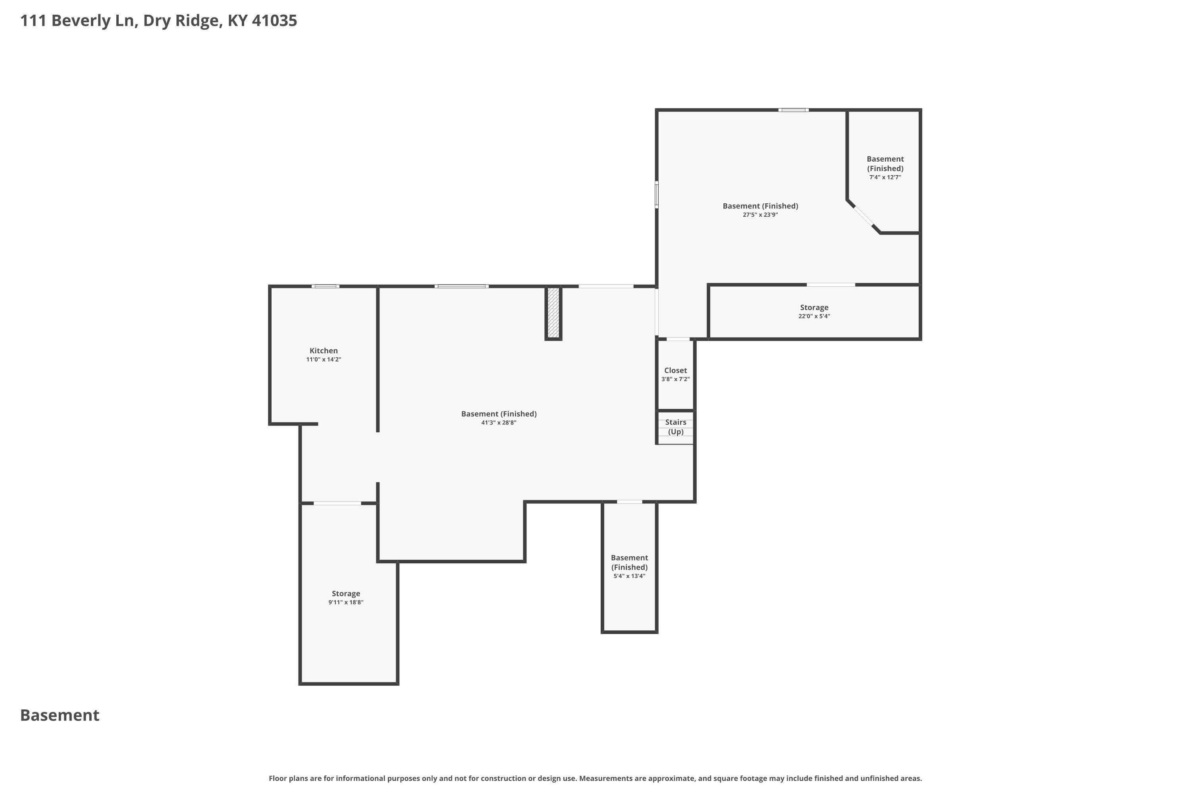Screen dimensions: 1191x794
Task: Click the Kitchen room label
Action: [x=324, y=351]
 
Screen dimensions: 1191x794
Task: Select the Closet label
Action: [x=676, y=370]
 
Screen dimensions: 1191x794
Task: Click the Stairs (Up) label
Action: [x=676, y=427]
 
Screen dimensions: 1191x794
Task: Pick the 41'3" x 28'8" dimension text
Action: [x=499, y=423]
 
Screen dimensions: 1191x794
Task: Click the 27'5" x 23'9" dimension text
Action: [x=760, y=215]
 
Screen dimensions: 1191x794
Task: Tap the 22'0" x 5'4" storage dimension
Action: [x=814, y=316]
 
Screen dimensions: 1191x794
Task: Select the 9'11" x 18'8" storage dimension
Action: [x=346, y=603]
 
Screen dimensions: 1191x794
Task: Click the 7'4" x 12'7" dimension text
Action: [x=885, y=177]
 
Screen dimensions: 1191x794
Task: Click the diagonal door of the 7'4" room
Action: [x=864, y=217]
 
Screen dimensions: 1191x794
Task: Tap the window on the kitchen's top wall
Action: [x=325, y=287]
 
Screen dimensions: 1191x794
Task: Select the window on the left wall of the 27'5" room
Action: [x=657, y=195]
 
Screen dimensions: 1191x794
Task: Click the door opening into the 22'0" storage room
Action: [x=831, y=285]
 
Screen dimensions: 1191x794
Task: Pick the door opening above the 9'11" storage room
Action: [x=337, y=503]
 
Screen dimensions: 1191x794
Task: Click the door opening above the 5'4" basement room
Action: [x=629, y=502]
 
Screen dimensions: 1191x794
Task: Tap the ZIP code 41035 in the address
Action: [x=274, y=21]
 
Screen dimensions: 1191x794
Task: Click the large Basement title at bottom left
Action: [x=60, y=715]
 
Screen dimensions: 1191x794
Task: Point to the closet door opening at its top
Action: [x=678, y=339]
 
